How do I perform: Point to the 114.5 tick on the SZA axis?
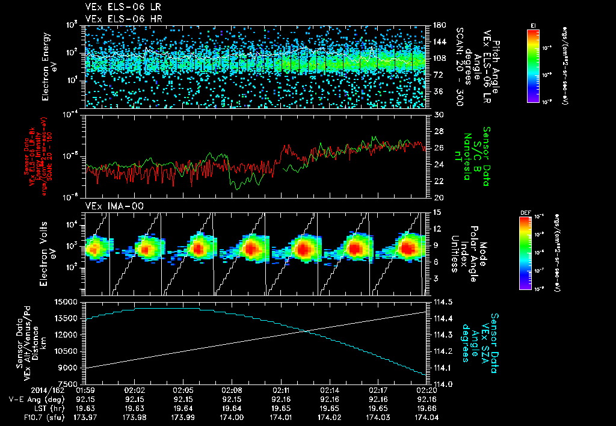439,301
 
